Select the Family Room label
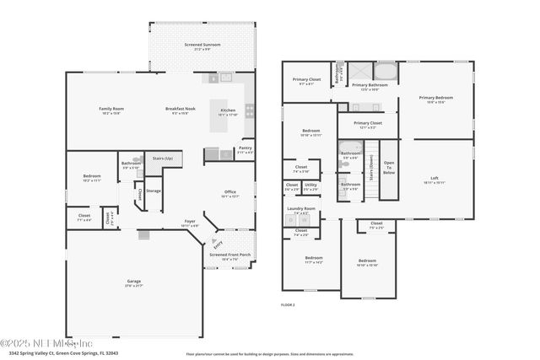pyautogui.click(x=111, y=109)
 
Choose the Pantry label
pyautogui.click(x=245, y=148)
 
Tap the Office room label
pyautogui.click(x=230, y=192)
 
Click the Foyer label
pyautogui.click(x=191, y=223)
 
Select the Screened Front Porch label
pyautogui.click(x=229, y=255)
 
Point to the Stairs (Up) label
pyautogui.click(x=163, y=158)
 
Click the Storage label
pyautogui.click(x=153, y=191)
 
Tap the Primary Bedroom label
pyautogui.click(x=436, y=99)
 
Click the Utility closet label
pyautogui.click(x=311, y=185)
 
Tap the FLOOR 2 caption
pyautogui.click(x=288, y=304)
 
